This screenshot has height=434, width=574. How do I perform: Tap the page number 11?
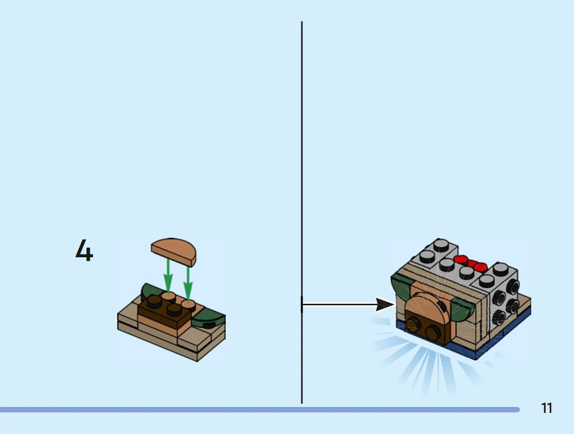546,408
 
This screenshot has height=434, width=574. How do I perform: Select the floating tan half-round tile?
173,251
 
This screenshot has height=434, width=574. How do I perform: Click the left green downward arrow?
168,275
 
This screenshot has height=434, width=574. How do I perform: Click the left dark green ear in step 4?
150,291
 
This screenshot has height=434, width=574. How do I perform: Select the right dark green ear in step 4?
208,318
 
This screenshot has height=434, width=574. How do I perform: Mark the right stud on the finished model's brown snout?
433,332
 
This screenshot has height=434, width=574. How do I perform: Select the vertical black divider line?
302,212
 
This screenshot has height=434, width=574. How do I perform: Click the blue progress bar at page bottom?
260,410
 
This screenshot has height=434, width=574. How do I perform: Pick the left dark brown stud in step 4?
154,301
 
